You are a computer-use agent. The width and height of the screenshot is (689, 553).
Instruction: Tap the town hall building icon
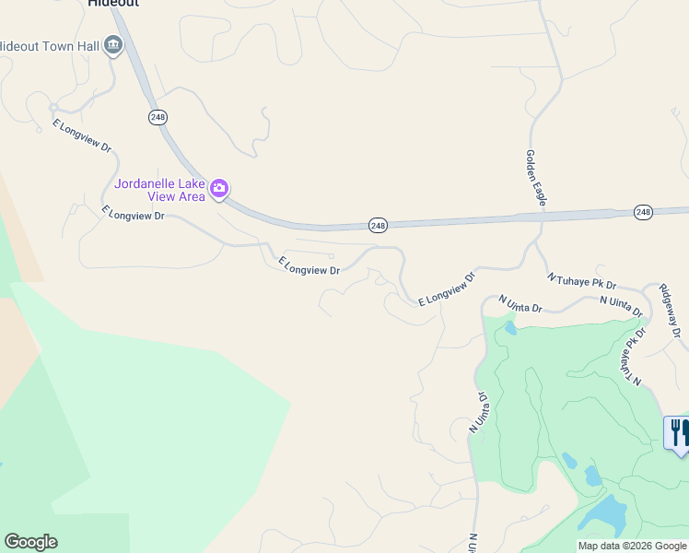113,44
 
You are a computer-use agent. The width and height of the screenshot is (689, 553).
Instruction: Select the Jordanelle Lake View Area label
159,189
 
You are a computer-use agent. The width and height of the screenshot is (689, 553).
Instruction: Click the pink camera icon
219,189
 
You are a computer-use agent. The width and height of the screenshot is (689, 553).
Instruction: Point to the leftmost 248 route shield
157,117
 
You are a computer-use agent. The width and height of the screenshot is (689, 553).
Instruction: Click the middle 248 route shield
378,225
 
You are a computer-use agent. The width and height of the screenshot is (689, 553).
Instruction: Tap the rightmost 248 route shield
643,212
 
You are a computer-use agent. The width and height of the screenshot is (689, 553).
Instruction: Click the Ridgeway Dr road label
671,309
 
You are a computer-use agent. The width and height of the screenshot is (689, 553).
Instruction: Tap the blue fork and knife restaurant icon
677,431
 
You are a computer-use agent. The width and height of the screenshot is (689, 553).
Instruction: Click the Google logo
30,542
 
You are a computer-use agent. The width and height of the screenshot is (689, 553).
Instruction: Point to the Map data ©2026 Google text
631,546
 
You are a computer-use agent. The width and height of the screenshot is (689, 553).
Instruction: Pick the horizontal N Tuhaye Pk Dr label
581,281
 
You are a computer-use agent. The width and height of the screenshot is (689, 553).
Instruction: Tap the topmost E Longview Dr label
81,135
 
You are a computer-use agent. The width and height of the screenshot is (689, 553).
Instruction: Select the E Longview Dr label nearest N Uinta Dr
447,288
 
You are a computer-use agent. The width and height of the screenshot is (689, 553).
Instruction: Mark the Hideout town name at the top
113,4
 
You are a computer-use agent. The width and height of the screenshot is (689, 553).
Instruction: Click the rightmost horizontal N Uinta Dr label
621,306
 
